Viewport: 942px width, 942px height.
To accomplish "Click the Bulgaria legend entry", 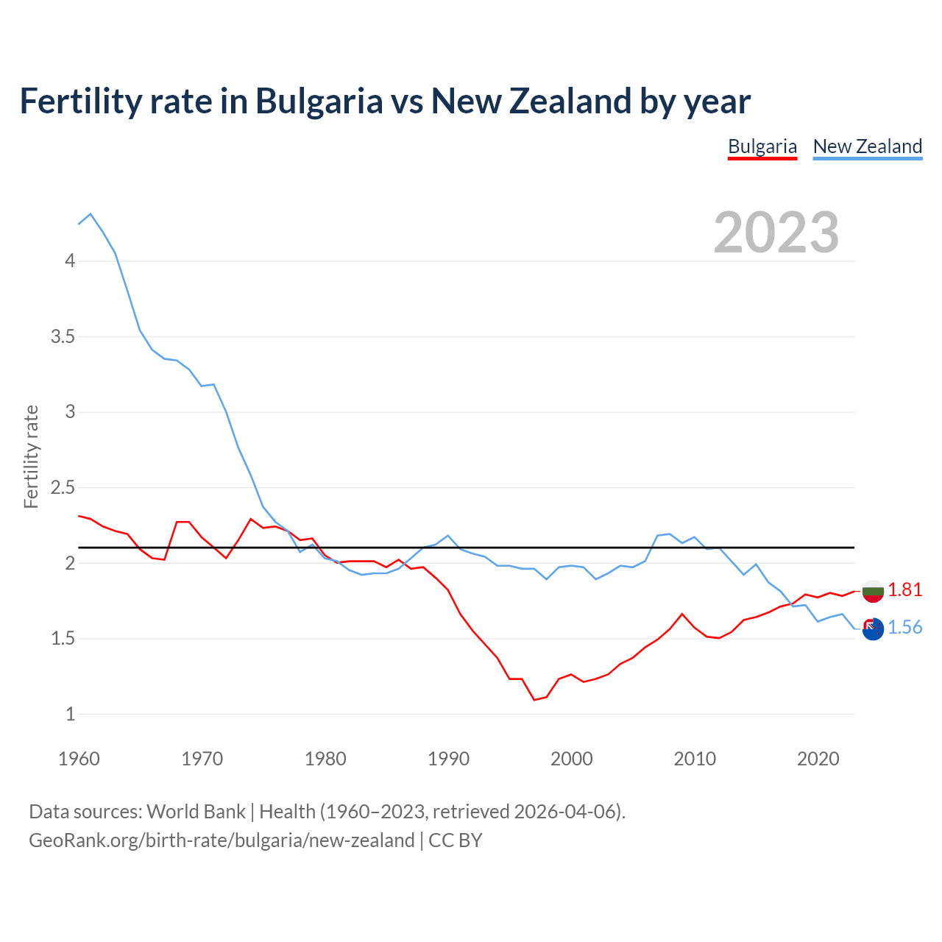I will (x=762, y=146).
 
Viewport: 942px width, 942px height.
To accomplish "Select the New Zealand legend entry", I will (x=867, y=146).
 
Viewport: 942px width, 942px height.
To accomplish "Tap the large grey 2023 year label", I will (x=776, y=233).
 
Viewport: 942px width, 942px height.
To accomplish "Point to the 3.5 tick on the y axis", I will (x=63, y=337).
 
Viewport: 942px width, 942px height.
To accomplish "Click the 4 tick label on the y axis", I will (x=70, y=261).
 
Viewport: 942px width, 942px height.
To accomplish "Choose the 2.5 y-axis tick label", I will (x=63, y=487).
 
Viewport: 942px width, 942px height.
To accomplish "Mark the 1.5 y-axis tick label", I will (x=63, y=638).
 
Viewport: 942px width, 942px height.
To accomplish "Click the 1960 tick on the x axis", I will (x=79, y=759).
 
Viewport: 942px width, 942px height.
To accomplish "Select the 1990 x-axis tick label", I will (x=448, y=759).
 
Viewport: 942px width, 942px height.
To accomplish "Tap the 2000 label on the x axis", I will (x=571, y=759).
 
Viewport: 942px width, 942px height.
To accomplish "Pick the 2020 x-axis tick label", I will (x=818, y=759).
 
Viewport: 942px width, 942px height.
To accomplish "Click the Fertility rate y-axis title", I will (x=31, y=456).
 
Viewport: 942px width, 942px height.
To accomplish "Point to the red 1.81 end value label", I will (x=904, y=589).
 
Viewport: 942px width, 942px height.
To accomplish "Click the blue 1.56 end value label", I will (x=904, y=627).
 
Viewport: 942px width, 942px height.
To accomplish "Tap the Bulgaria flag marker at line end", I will (x=873, y=590).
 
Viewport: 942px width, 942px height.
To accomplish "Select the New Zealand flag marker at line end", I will (x=873, y=628).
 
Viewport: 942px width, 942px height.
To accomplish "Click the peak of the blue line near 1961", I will (x=91, y=214).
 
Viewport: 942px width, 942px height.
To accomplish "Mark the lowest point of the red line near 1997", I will (x=534, y=700).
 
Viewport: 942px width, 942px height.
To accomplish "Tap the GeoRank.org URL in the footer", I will (x=222, y=840).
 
